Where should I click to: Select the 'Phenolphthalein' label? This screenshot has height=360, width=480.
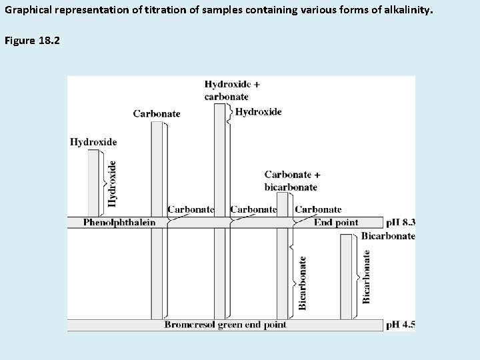119,223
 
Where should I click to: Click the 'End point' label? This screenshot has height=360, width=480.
336,223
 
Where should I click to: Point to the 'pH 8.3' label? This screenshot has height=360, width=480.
401,223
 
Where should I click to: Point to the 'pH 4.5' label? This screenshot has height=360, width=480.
401,325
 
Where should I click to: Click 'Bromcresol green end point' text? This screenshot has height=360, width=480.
226,325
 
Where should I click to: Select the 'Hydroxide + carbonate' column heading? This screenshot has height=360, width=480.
232,90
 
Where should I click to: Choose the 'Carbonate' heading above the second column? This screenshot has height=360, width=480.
157,113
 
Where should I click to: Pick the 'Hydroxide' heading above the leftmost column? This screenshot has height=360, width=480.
93,141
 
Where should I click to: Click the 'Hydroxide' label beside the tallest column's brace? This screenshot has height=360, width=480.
258,112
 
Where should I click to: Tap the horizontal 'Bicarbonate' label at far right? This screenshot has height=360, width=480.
388,236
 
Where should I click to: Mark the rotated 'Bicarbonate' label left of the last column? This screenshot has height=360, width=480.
303,283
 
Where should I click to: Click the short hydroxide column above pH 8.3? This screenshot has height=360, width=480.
93,183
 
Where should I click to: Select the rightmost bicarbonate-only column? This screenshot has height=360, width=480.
345,277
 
